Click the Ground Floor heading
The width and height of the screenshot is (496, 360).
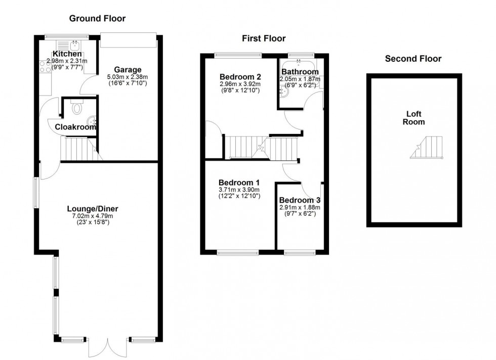coord(97,19)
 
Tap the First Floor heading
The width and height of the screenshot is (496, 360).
coord(263,38)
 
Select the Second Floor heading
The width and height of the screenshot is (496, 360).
coord(413,59)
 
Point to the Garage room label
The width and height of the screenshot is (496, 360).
coord(127,70)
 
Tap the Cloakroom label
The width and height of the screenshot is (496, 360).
coord(75,127)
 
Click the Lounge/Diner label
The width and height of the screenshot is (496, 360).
coord(92,208)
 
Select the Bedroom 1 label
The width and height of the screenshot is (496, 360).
coord(239,183)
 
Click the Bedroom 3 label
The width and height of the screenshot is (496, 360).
coord(300,200)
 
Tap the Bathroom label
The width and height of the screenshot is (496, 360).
coord(301,71)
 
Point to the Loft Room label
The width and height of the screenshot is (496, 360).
coord(414,118)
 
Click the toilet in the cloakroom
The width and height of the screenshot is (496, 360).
coord(77,108)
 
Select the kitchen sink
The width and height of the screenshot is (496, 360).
coord(74,44)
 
